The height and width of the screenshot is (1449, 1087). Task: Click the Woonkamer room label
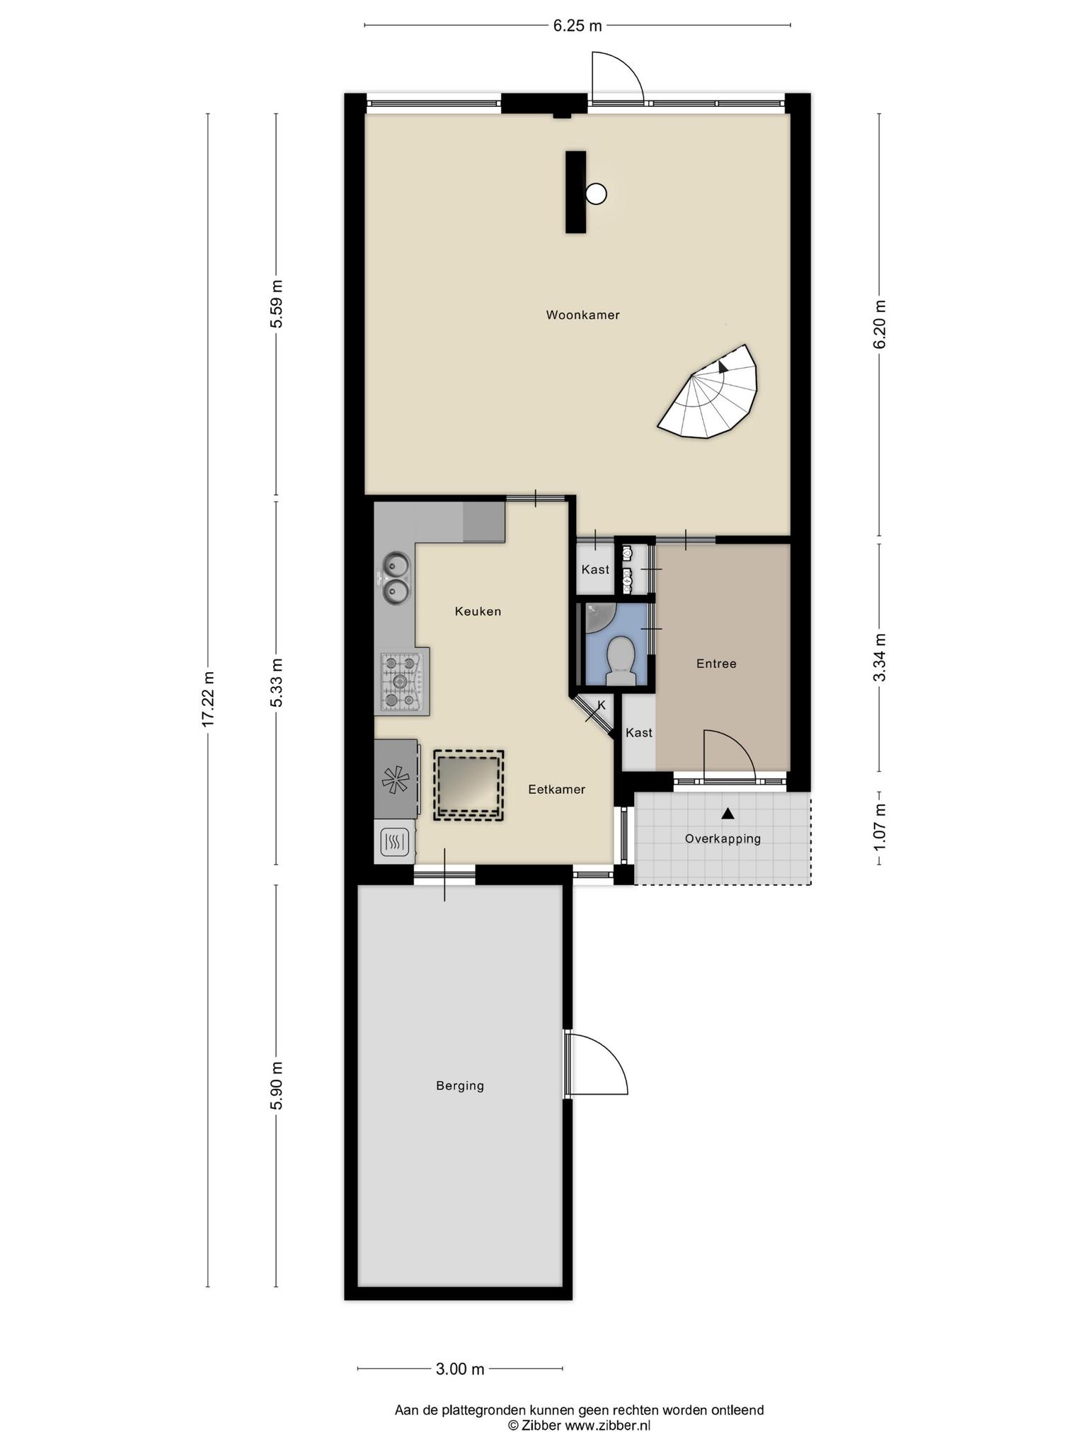[x=582, y=315]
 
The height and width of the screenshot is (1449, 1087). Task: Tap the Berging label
[x=460, y=1085]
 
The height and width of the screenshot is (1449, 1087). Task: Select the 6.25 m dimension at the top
[x=577, y=26]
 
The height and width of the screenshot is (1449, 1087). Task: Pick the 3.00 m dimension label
[x=460, y=1369]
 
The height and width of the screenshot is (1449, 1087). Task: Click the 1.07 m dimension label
[x=879, y=828]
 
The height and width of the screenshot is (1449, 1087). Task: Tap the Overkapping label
[x=723, y=838]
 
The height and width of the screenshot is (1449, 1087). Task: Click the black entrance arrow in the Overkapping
[x=727, y=814]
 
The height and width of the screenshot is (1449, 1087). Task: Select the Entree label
[x=716, y=664]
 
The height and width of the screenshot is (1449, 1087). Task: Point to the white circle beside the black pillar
[x=597, y=193]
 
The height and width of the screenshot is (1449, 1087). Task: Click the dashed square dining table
[x=468, y=785]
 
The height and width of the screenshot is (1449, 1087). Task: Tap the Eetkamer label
[x=557, y=790]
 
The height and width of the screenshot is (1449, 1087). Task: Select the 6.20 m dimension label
[x=879, y=325]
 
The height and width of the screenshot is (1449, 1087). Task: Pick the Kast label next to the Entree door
[x=639, y=733]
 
